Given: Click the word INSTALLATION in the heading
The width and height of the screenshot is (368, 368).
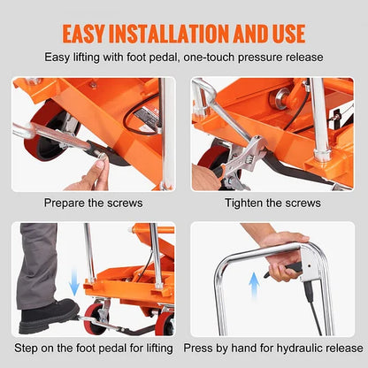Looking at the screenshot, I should point(188,33).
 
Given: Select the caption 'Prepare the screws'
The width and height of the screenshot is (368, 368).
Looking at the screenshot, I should point(93,202).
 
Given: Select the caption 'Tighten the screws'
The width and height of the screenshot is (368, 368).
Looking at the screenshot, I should point(274,202).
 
